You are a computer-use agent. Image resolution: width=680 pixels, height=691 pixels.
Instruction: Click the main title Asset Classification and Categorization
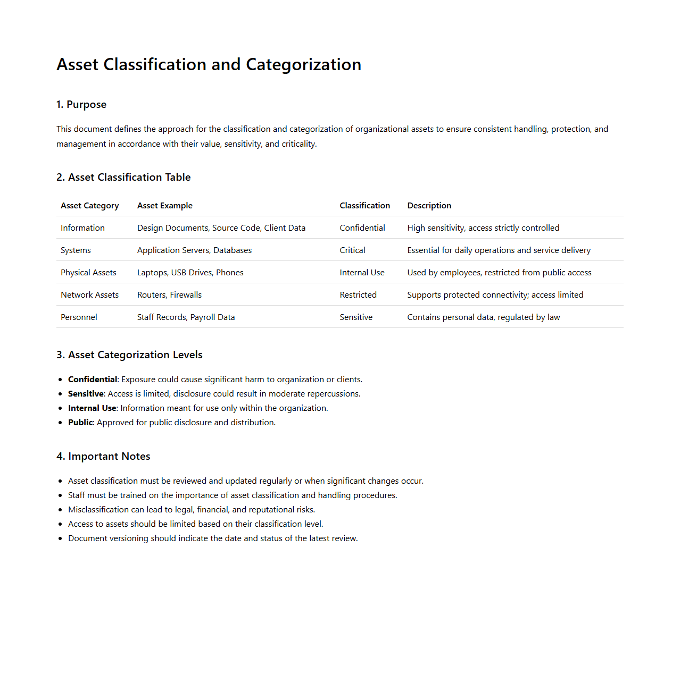[x=209, y=64]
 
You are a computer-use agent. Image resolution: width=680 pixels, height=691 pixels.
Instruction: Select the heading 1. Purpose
[x=81, y=105]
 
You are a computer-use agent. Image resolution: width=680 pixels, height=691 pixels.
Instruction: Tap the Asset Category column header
[x=89, y=206]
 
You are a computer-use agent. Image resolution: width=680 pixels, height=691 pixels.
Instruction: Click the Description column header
[x=429, y=206]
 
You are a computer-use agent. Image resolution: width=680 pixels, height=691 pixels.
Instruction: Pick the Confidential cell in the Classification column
[x=362, y=228]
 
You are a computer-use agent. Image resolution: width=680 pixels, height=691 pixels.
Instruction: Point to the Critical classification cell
[x=352, y=250]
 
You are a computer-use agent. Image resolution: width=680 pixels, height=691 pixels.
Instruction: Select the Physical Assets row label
[x=88, y=273]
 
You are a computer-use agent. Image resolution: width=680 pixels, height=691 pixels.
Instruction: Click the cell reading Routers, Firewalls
[x=169, y=295]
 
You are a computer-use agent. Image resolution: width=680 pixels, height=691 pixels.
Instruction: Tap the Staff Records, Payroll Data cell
[x=186, y=317]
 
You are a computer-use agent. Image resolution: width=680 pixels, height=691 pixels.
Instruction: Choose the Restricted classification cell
[x=358, y=295]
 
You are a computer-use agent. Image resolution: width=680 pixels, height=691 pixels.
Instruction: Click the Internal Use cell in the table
[x=362, y=273]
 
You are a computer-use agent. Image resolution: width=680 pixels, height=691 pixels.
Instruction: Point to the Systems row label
[x=76, y=250]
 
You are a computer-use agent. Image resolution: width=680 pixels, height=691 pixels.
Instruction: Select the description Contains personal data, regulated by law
[x=483, y=317]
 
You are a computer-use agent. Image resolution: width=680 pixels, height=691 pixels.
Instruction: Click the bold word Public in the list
[x=80, y=423]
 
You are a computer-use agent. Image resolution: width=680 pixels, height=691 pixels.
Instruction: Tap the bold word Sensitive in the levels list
[x=86, y=394]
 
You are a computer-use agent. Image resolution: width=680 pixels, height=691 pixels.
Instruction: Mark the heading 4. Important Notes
[x=103, y=457]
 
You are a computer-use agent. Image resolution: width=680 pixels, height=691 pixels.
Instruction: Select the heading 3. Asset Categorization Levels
[x=129, y=355]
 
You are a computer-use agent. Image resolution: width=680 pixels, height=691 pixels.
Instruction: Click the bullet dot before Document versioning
[x=60, y=538]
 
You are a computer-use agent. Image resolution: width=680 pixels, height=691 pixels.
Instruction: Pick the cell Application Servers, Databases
[x=194, y=250]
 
